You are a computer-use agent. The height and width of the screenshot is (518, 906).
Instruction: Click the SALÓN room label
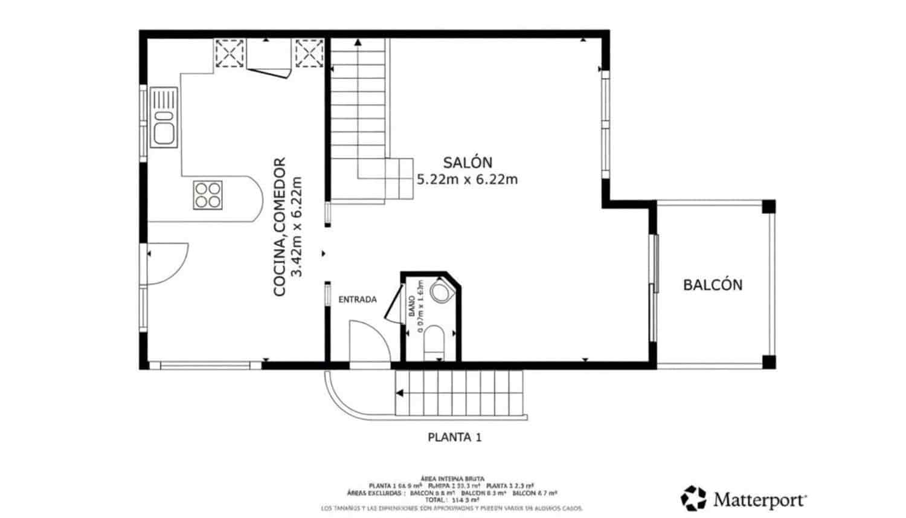[467, 162]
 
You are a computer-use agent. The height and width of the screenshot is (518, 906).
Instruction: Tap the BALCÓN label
[713, 285]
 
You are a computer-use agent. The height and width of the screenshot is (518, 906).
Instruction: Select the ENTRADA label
[357, 299]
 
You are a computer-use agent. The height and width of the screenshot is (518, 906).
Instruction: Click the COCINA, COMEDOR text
[279, 227]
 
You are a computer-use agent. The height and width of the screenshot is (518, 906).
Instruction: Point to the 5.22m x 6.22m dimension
[467, 180]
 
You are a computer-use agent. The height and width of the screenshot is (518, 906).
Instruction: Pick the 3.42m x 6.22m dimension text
[296, 227]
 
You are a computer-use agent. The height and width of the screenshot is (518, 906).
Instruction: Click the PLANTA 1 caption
[454, 437]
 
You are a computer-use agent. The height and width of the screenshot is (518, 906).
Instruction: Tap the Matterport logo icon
[693, 498]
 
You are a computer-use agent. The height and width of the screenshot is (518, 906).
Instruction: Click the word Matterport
[760, 500]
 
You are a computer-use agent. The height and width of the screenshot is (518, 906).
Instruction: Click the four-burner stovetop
[207, 195]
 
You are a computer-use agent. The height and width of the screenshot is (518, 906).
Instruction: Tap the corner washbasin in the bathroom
[441, 293]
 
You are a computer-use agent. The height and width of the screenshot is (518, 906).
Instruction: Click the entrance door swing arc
[370, 342]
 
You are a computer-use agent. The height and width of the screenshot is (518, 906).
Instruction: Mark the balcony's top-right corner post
[768, 207]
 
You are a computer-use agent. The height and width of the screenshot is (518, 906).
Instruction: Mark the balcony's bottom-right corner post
[768, 362]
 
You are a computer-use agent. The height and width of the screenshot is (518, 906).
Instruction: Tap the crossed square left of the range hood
[230, 53]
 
